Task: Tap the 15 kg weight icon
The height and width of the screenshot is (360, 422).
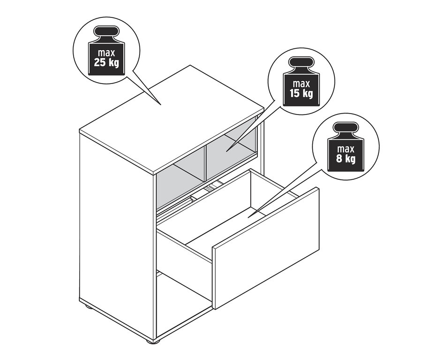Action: (301, 81)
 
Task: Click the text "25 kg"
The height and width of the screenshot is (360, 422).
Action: (106, 63)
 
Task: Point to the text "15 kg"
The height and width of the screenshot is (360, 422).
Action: (301, 93)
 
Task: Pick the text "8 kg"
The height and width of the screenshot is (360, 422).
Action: (346, 159)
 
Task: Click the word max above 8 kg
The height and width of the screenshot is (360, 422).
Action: (346, 149)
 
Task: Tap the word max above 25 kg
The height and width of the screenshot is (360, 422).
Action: (106, 53)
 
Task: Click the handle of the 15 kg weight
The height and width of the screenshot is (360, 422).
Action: (301, 62)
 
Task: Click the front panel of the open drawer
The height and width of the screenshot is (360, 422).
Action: (266, 248)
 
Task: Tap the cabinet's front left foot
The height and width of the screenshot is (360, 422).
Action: (152, 340)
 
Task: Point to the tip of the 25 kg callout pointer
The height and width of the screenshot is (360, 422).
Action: (161, 105)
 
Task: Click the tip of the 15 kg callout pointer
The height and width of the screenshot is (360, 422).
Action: (226, 152)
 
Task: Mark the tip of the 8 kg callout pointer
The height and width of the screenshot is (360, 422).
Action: (248, 217)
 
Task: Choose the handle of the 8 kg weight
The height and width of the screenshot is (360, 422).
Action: (346, 128)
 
